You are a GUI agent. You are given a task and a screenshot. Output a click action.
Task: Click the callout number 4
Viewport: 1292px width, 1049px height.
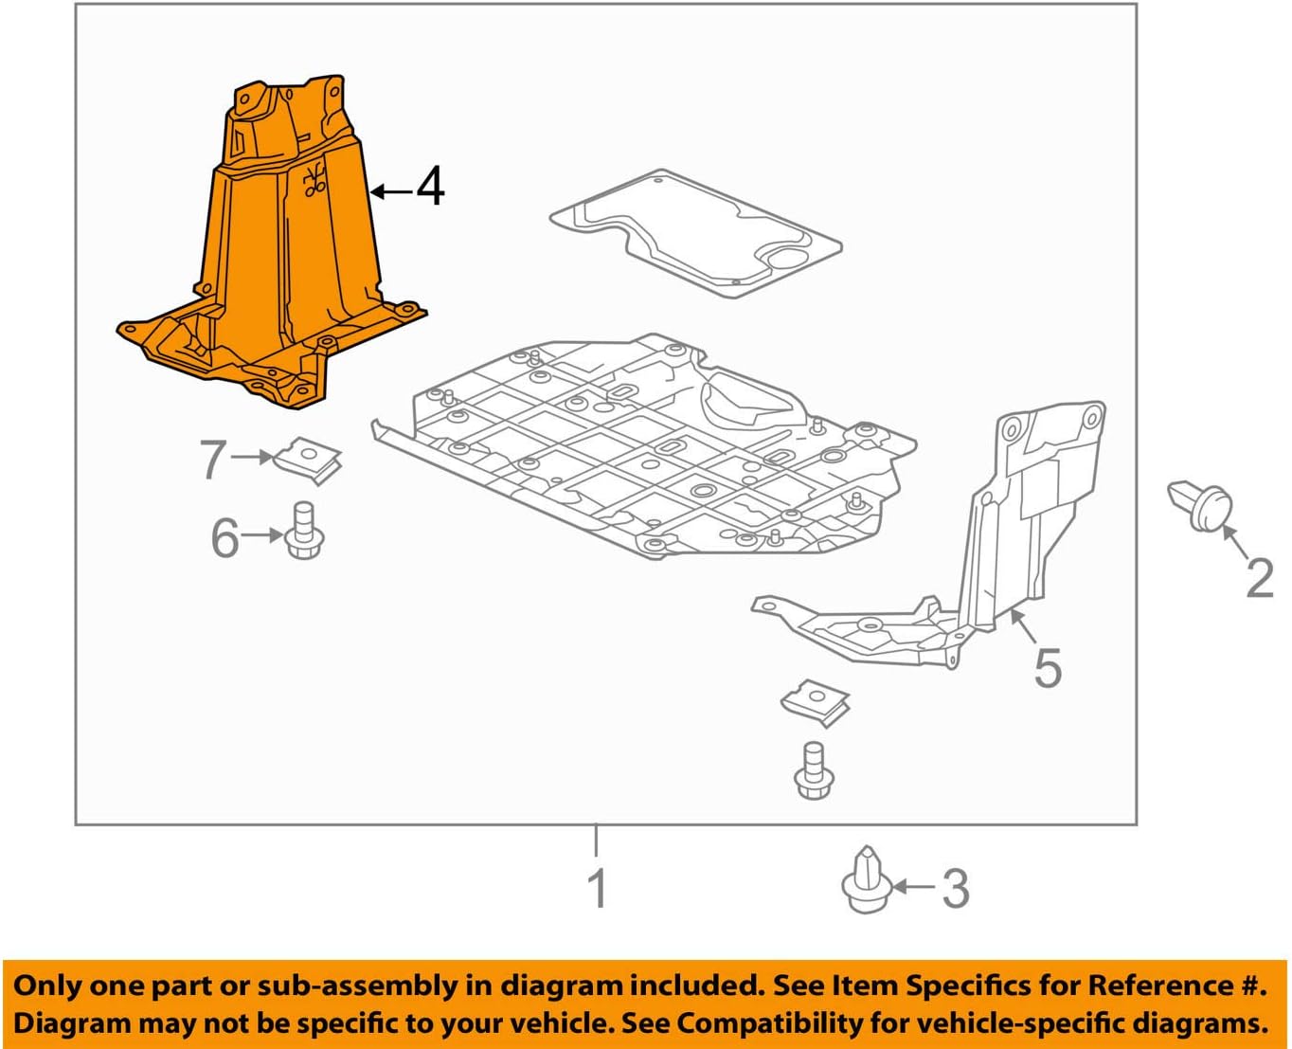430,187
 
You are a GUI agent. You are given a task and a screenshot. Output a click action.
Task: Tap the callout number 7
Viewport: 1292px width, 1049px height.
213,460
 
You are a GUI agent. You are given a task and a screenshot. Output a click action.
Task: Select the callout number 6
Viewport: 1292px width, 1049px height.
224,538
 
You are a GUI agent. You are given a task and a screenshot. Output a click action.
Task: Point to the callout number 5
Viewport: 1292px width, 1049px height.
1048,668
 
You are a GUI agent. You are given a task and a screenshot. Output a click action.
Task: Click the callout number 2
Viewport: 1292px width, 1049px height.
1260,577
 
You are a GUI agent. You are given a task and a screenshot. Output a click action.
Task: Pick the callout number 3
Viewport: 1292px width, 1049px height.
955,889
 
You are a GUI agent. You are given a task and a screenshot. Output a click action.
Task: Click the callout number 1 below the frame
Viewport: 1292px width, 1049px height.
597,889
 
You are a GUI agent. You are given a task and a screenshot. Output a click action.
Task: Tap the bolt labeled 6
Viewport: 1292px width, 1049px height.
304,531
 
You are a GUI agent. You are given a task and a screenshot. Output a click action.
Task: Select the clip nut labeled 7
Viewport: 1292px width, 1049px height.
308,459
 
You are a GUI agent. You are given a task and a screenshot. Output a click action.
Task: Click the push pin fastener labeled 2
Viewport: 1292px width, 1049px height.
1201,504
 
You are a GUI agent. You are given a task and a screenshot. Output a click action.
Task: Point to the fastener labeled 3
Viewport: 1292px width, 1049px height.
866,881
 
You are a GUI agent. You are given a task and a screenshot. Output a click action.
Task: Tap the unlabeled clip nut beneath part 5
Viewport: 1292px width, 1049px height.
816,701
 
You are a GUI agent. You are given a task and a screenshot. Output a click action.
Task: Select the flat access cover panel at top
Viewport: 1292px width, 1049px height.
696,232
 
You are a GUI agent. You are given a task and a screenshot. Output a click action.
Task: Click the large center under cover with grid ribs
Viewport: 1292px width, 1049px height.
644,445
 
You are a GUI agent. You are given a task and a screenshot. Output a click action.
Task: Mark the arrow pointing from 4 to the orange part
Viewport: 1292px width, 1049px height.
390,191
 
